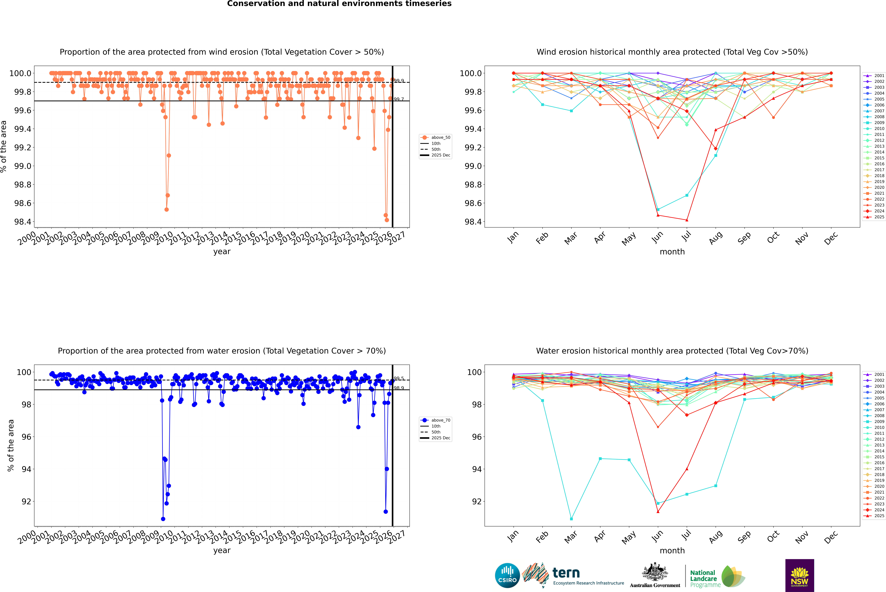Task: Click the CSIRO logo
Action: [507, 575]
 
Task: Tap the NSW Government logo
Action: [799, 575]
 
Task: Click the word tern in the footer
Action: [566, 573]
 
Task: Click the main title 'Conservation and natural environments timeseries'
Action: [339, 4]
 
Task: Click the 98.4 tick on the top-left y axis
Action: [23, 222]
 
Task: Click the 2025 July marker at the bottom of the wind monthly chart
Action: [687, 220]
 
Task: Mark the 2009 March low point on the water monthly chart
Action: [571, 519]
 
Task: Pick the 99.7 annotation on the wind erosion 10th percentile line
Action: [399, 99]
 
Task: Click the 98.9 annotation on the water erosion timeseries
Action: [399, 388]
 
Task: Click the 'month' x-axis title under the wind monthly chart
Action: [672, 252]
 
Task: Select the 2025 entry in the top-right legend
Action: [879, 217]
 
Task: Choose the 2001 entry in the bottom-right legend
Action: [879, 375]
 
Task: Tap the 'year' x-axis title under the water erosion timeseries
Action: [222, 550]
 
